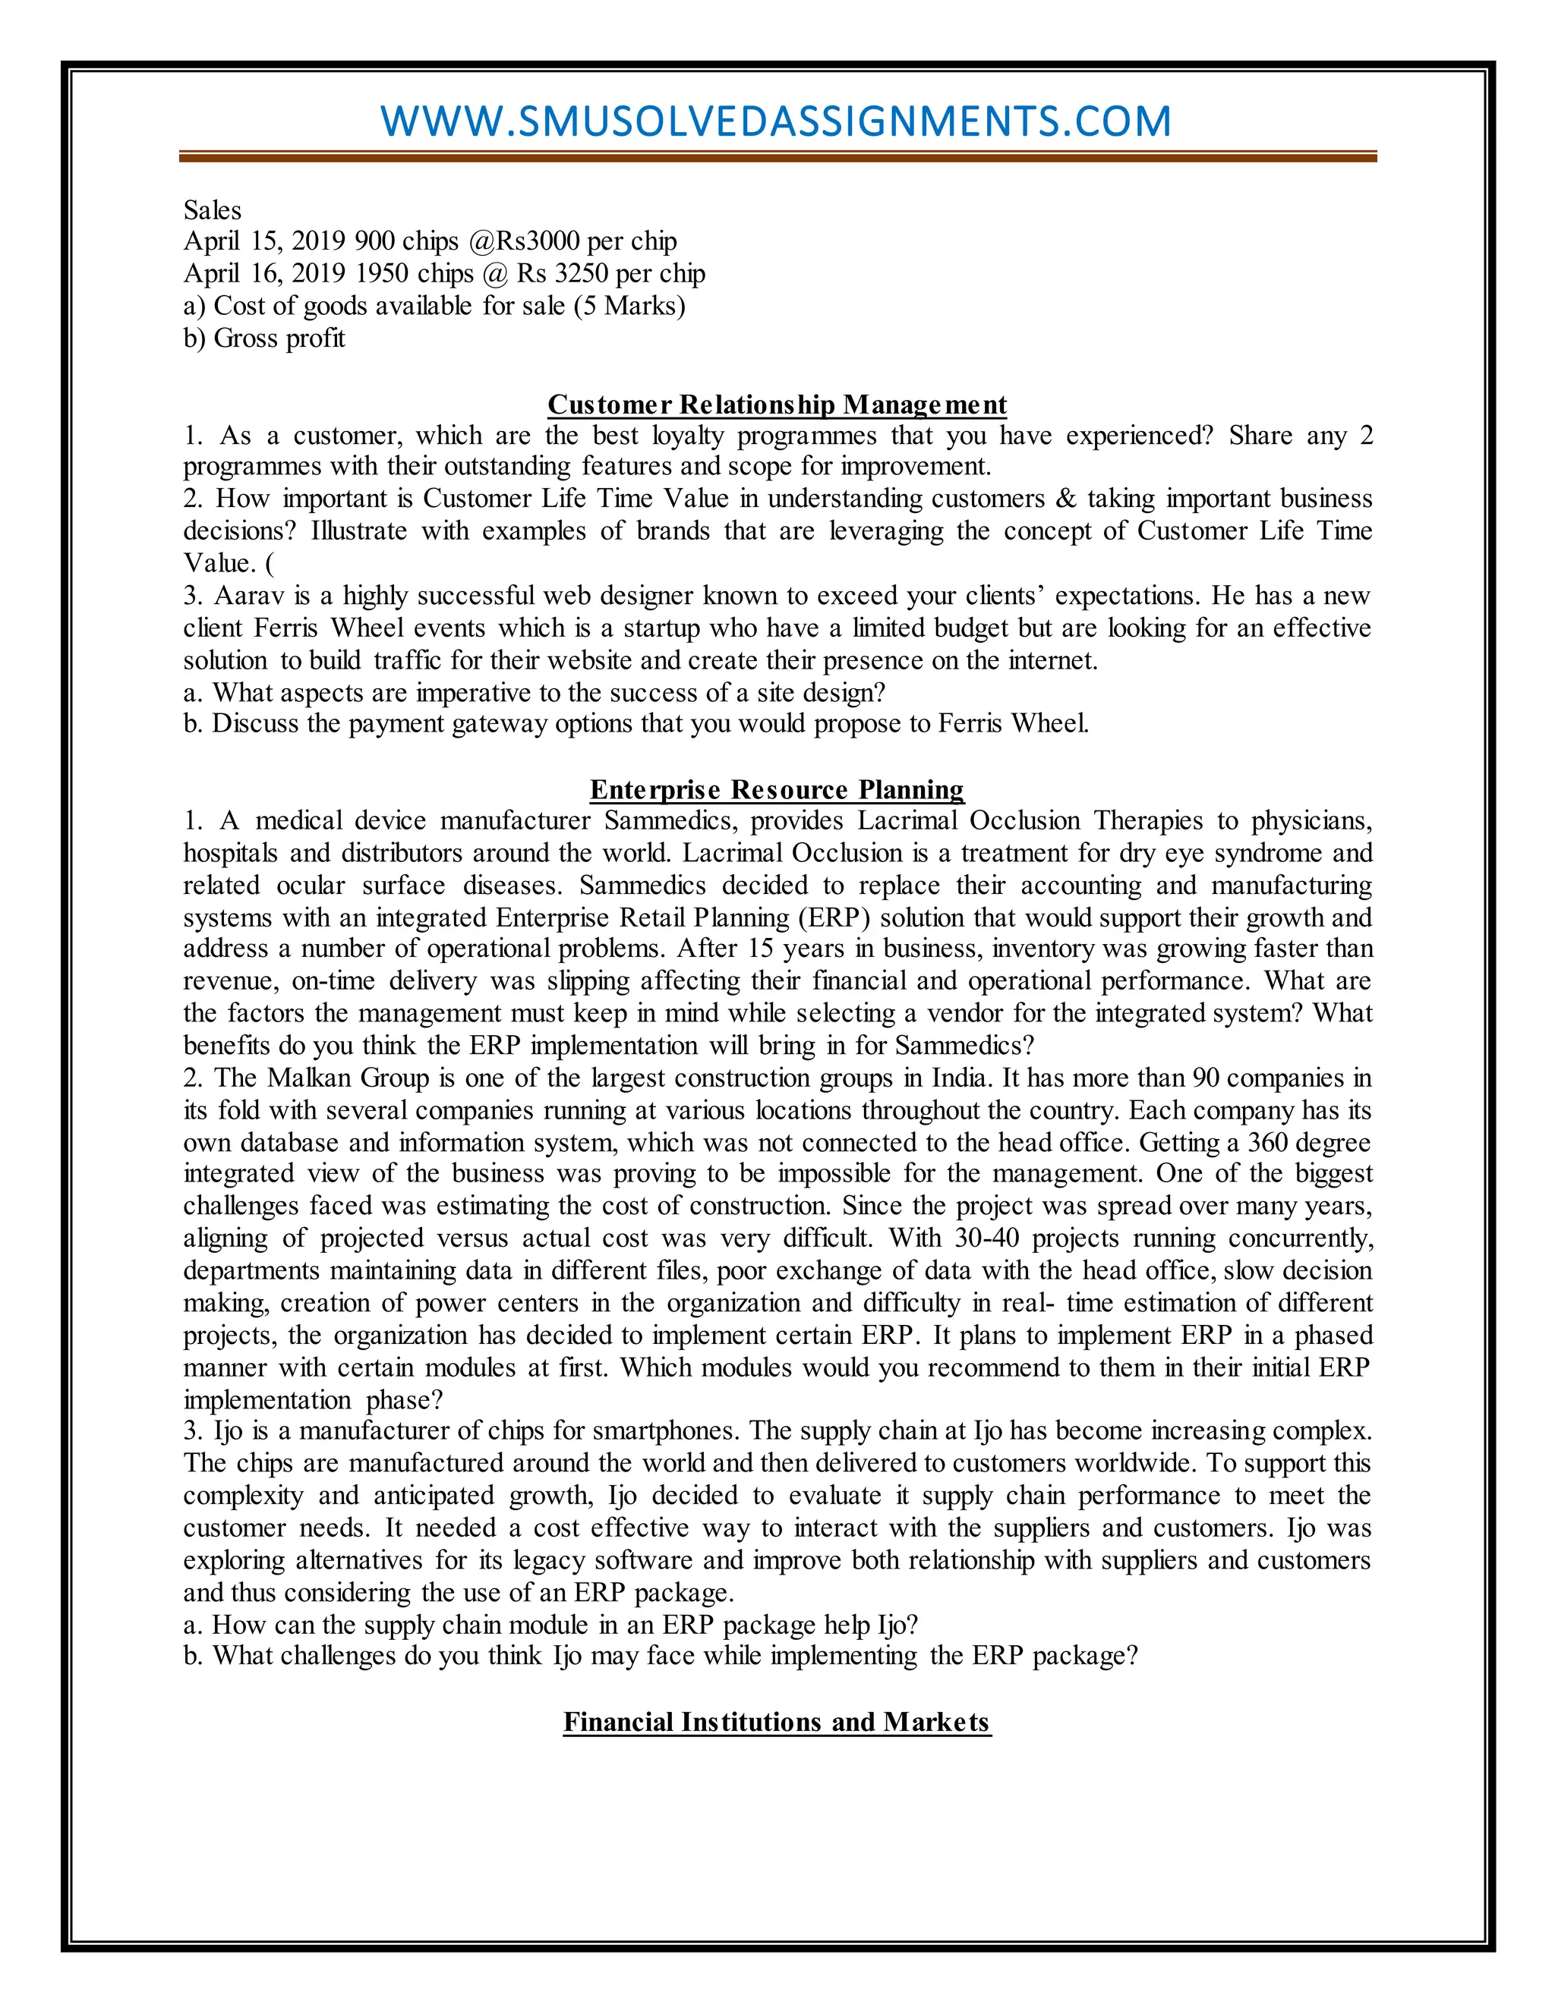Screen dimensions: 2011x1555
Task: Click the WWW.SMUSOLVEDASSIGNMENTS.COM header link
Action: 776,121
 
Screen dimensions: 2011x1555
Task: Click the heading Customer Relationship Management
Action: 777,405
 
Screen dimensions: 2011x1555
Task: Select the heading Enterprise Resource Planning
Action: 777,790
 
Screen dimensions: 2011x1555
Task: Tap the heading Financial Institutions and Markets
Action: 777,1722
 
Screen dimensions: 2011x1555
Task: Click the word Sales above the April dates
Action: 212,211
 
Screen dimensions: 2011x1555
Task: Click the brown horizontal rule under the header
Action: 777,157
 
